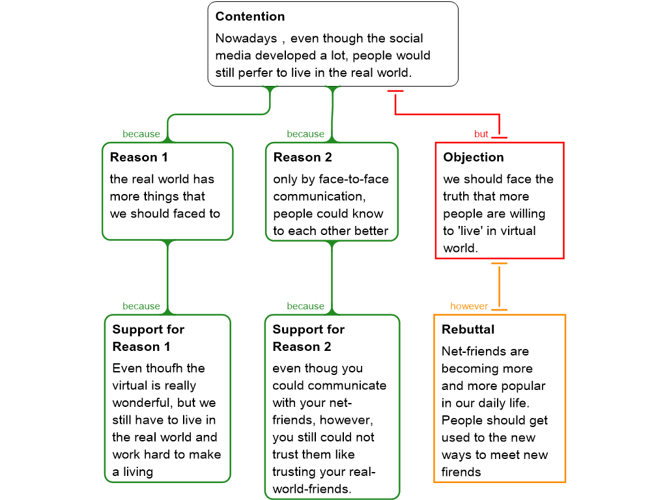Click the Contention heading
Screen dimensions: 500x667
point(250,16)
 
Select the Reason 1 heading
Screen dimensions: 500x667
point(139,157)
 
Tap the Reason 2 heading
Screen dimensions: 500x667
point(302,157)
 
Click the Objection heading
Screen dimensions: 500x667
point(474,157)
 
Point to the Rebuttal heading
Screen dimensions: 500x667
point(468,329)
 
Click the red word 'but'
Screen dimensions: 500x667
point(481,134)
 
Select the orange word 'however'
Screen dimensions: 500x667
point(469,306)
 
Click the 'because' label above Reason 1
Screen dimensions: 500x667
point(141,134)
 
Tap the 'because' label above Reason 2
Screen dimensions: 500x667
point(305,134)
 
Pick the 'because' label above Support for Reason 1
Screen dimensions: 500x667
point(141,306)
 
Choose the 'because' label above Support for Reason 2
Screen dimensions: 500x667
point(305,306)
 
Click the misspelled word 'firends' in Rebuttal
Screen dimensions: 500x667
point(461,472)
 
